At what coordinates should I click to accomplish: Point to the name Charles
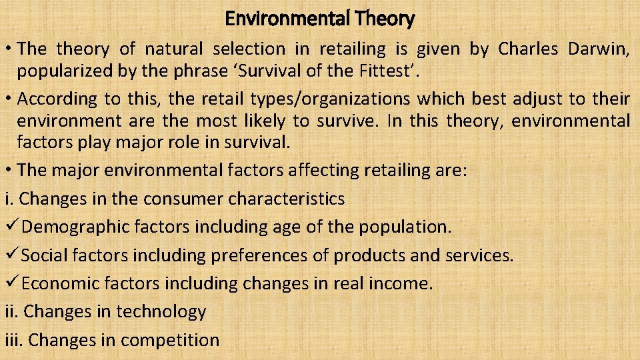[531, 49]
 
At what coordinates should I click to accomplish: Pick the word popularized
[65, 71]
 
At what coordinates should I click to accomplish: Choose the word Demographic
[75, 227]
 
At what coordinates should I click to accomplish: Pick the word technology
[161, 311]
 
